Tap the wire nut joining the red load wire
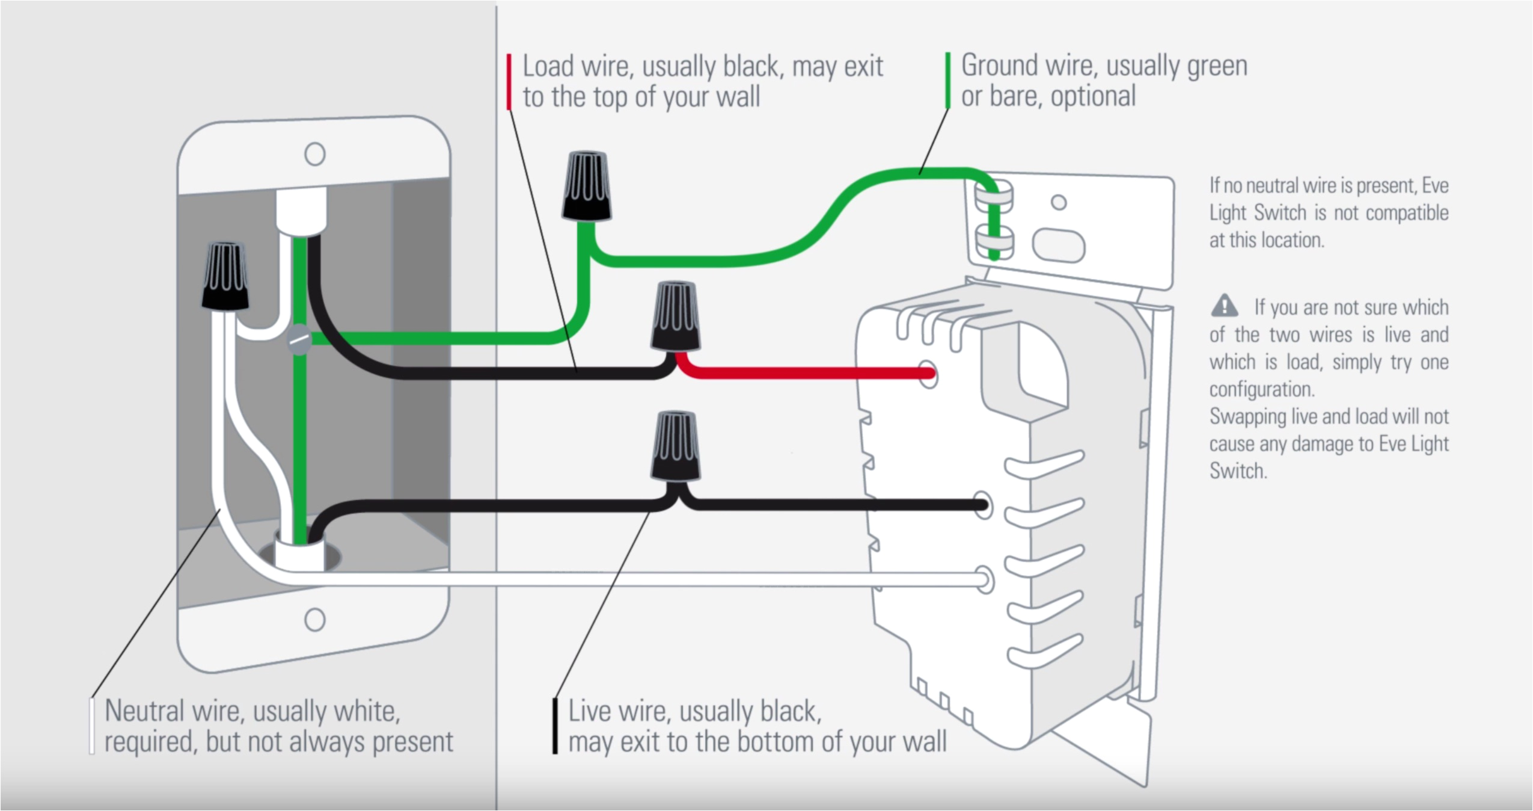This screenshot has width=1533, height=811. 676,316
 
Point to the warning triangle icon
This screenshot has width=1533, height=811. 1225,306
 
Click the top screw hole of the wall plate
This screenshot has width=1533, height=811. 315,154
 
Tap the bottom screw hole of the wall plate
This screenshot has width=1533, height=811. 315,620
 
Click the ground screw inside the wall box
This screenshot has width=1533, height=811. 299,341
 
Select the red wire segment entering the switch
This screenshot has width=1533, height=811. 800,373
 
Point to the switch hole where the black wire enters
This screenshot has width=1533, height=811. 981,505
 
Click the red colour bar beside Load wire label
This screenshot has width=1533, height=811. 509,82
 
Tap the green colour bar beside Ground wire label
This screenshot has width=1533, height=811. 948,80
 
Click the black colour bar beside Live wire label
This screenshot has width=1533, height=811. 555,726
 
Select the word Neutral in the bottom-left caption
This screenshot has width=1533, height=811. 144,711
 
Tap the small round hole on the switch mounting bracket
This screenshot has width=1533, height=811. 1059,203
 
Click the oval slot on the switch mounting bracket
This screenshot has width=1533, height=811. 1058,245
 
